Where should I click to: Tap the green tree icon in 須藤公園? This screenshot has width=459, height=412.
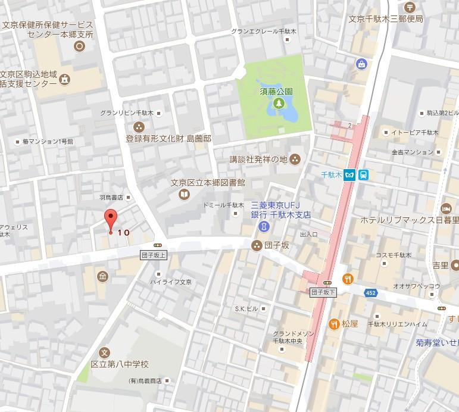click(277, 104)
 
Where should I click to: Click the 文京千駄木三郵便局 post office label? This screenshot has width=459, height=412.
click(385, 19)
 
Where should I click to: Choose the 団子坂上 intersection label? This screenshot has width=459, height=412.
click(154, 255)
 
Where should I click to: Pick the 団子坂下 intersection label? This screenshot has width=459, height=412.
click(324, 292)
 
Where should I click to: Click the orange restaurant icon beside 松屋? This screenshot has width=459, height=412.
click(334, 324)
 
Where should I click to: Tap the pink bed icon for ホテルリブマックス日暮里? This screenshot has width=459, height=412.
click(445, 208)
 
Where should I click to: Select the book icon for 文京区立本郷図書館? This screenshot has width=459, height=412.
click(185, 194)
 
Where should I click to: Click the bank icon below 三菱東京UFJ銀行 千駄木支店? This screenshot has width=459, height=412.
click(262, 227)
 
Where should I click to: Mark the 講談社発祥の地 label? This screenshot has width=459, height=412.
click(258, 159)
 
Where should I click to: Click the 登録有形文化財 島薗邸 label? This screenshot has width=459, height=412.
click(168, 138)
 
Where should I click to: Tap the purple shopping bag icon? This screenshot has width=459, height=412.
click(361, 64)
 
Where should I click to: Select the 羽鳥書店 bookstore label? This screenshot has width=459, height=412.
click(111, 196)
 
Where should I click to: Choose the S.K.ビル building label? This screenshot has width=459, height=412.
click(246, 308)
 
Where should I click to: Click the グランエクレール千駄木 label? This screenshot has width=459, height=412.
click(263, 30)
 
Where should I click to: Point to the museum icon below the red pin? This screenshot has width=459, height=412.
click(103, 276)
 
